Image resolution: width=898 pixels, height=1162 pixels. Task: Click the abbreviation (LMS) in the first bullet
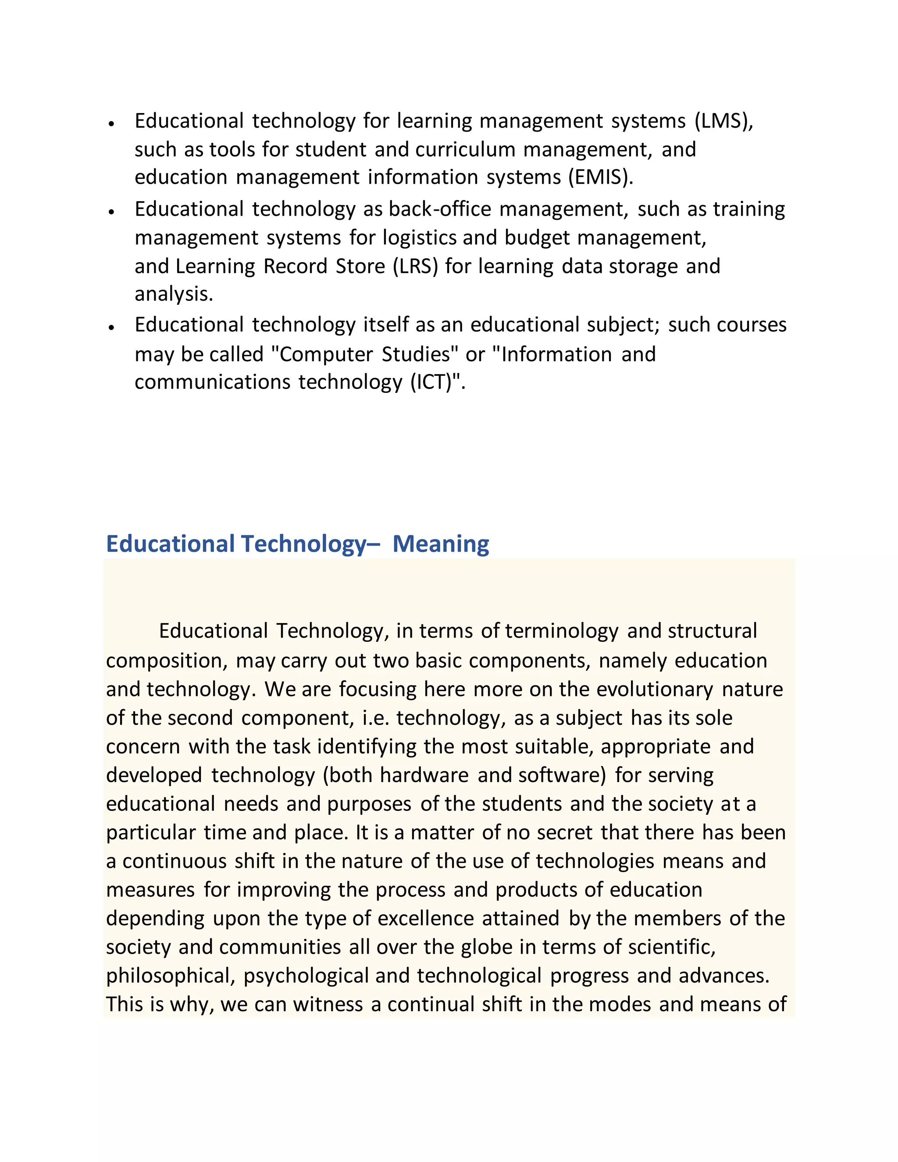tap(723, 121)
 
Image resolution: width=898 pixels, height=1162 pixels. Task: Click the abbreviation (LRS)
tap(415, 266)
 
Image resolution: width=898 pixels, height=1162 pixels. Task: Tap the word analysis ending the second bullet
tap(174, 294)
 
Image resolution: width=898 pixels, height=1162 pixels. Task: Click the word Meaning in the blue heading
tap(441, 544)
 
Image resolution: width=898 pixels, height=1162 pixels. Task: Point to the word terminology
tap(562, 631)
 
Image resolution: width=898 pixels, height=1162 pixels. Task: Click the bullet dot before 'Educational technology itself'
tap(111, 327)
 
